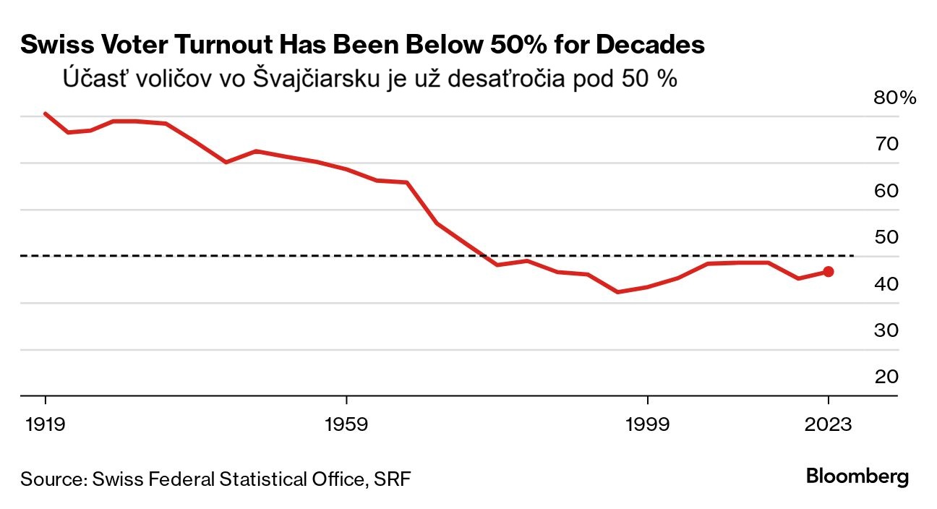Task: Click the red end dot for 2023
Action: click(829, 271)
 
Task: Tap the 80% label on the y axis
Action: click(895, 98)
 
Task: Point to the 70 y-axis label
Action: click(887, 144)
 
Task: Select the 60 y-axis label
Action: click(887, 191)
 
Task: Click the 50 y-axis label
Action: click(887, 237)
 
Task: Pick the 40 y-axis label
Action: click(887, 284)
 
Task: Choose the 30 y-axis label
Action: click(887, 330)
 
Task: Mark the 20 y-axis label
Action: click(887, 377)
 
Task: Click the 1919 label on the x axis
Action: click(45, 424)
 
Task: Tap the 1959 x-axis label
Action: click(347, 424)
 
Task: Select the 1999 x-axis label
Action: click(648, 424)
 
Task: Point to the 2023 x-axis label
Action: click(829, 424)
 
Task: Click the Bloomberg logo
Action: click(857, 477)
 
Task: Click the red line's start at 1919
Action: click(45, 114)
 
